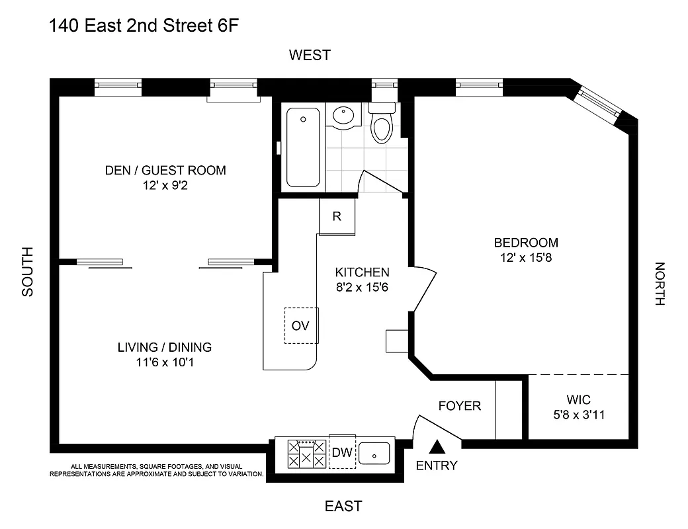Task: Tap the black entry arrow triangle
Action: point(437,448)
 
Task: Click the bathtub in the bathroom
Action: point(304,147)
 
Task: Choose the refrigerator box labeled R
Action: point(337,216)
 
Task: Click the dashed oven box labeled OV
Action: point(301,325)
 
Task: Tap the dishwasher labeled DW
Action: point(342,453)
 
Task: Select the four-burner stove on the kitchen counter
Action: point(306,454)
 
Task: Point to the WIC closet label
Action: point(578,400)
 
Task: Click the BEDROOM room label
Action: point(526,243)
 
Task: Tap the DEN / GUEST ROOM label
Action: point(165,171)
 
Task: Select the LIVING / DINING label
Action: point(165,347)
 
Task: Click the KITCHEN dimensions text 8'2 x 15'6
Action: point(362,286)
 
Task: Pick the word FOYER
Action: point(460,405)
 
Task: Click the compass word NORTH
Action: point(659,284)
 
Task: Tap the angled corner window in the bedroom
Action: point(598,102)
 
